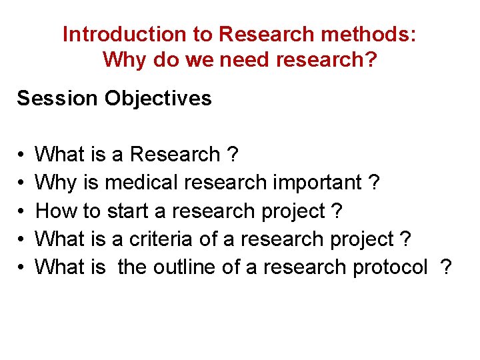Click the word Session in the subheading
click(x=58, y=99)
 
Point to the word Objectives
click(x=158, y=99)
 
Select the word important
click(x=314, y=183)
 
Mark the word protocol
click(x=387, y=267)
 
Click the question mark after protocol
click(x=445, y=267)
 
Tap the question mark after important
click(x=375, y=183)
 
